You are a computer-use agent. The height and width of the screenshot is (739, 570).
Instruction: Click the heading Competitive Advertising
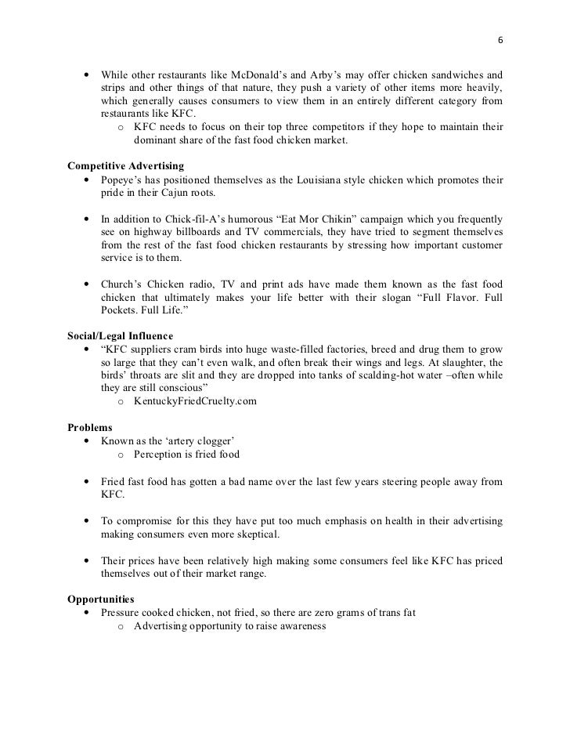point(125,166)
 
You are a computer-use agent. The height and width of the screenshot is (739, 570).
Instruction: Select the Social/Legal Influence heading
point(121,335)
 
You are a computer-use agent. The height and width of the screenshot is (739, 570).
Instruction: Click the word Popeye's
point(123,180)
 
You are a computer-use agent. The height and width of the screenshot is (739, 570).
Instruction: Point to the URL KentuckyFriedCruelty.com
point(195,403)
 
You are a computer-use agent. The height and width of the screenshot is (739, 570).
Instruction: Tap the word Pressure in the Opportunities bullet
point(123,612)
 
